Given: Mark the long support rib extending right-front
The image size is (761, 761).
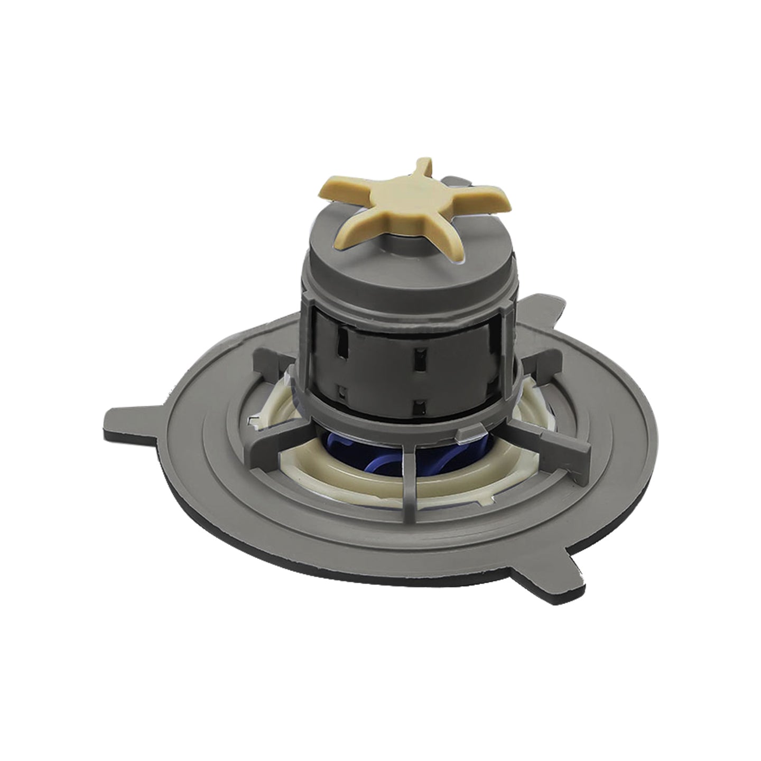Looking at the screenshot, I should click(x=550, y=436).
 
